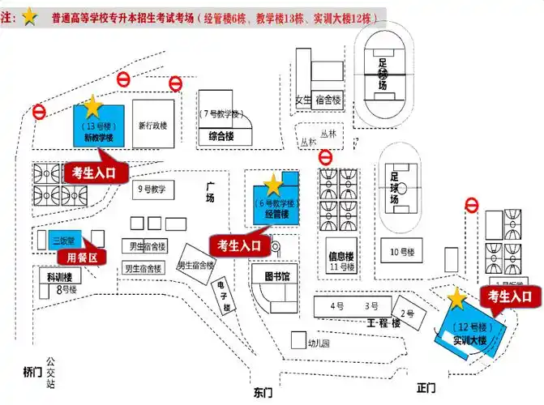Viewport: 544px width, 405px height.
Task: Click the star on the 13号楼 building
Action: pyautogui.click(x=92, y=104)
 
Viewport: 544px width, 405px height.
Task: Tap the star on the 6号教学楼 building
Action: pyautogui.click(x=273, y=184)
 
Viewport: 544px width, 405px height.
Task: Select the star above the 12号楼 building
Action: pyautogui.click(x=457, y=299)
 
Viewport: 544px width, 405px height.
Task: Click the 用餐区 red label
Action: pyautogui.click(x=81, y=258)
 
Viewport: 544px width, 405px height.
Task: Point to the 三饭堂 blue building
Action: pyautogui.click(x=63, y=240)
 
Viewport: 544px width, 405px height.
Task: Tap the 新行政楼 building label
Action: pyautogui.click(x=152, y=126)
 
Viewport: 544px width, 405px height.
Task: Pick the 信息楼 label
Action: pyautogui.click(x=341, y=255)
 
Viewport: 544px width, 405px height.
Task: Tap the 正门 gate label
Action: pyautogui.click(x=426, y=388)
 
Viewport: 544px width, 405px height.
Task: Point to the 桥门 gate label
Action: pyautogui.click(x=31, y=372)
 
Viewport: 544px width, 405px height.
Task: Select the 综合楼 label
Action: pyautogui.click(x=222, y=136)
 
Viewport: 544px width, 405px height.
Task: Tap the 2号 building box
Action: pyautogui.click(x=408, y=313)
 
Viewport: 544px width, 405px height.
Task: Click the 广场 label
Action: pyautogui.click(x=210, y=192)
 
